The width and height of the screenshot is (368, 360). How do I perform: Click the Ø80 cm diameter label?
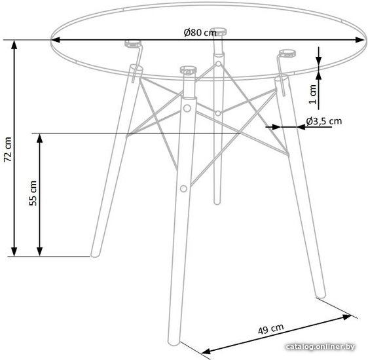coord(200,33)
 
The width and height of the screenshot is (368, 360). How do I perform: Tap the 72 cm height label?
coord(8,149)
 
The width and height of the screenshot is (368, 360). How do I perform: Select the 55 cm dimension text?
coord(33,193)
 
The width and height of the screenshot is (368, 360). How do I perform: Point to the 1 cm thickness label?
coord(312,94)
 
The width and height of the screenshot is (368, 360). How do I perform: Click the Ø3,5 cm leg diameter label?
coord(324,121)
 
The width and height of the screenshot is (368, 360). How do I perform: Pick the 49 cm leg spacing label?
coord(271,329)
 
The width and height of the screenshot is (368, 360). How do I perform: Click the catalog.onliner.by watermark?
coord(320,346)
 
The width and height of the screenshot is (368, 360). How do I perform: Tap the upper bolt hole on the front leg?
coord(187,109)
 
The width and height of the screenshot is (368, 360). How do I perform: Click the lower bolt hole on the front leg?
coord(183,189)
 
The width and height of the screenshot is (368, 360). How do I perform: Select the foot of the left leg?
coord(95,254)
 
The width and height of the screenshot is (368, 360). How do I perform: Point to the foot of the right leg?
coord(321,293)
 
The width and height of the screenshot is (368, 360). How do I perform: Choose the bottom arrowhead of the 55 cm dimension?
coord(40,251)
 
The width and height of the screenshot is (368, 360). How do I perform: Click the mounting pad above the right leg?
coord(287,53)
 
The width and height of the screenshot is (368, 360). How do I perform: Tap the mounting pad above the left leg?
coord(133,44)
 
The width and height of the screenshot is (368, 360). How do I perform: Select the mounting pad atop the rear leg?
coord(218,31)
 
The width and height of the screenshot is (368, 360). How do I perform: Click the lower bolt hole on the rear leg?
coord(218,113)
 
